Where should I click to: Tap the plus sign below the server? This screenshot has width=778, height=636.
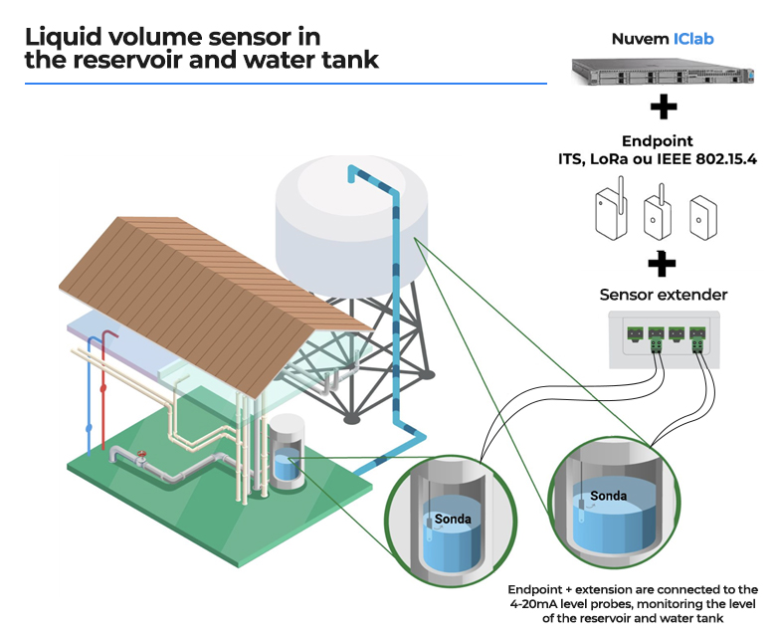click(x=664, y=107)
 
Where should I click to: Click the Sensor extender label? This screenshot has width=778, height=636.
click(x=662, y=295)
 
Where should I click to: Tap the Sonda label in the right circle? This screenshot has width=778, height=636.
click(x=608, y=495)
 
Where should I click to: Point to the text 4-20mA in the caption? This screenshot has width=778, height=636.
click(x=535, y=604)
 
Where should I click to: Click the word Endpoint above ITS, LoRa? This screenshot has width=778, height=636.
click(x=657, y=141)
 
